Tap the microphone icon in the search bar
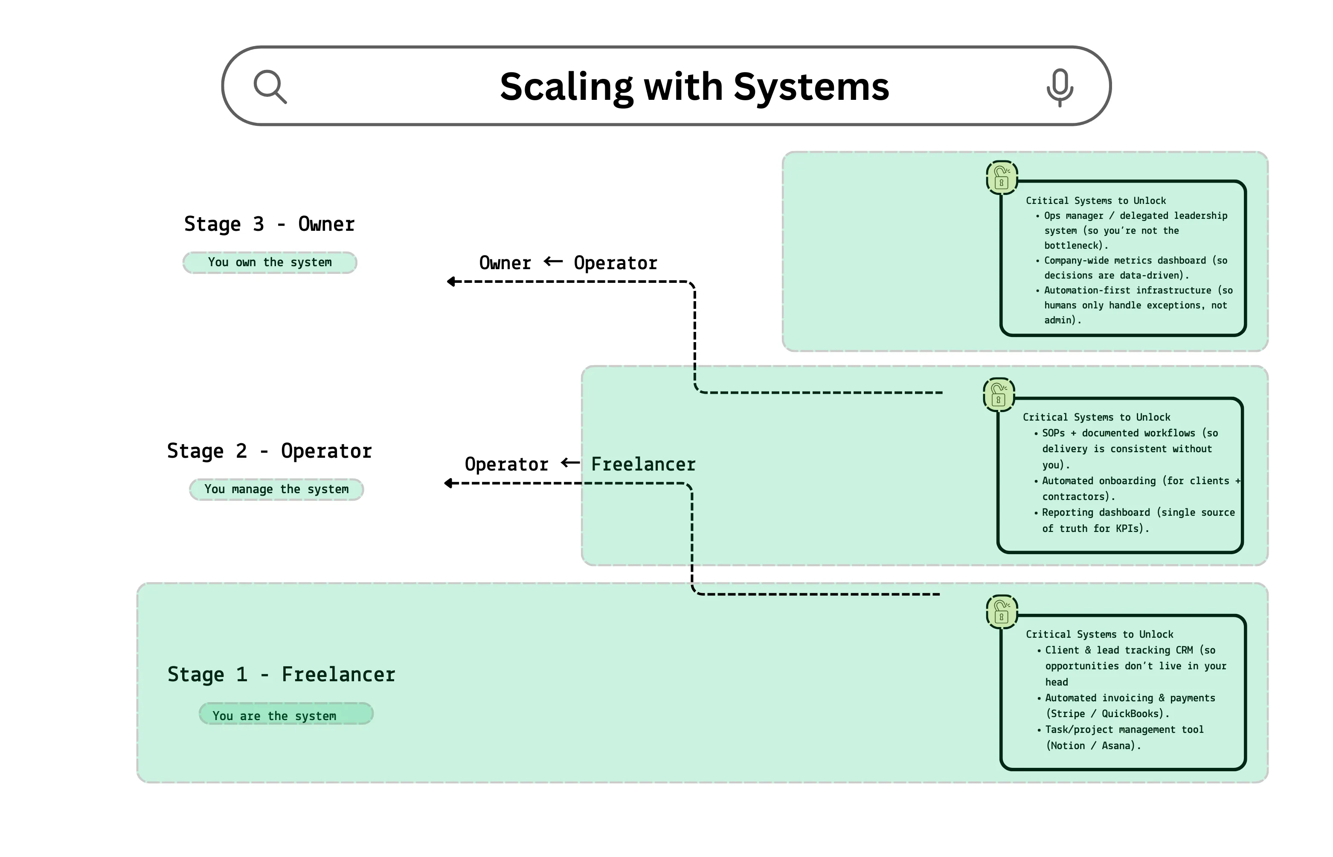pyautogui.click(x=1059, y=87)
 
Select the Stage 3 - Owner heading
pyautogui.click(x=269, y=224)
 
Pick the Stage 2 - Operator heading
pyautogui.click(x=269, y=451)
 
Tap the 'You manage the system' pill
pyautogui.click(x=276, y=489)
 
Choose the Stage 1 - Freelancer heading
pyautogui.click(x=281, y=674)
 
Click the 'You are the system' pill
pyautogui.click(x=286, y=715)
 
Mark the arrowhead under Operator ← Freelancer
pyautogui.click(x=448, y=483)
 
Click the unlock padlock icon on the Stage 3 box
pyautogui.click(x=1002, y=178)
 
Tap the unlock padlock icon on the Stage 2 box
pyautogui.click(x=999, y=395)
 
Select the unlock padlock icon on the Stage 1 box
pyautogui.click(x=1002, y=612)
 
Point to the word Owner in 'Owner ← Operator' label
pyautogui.click(x=505, y=263)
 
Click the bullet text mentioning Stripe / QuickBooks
pyautogui.click(x=1130, y=706)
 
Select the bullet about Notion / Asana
pyautogui.click(x=1124, y=738)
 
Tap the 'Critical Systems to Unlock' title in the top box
pyautogui.click(x=1095, y=201)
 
